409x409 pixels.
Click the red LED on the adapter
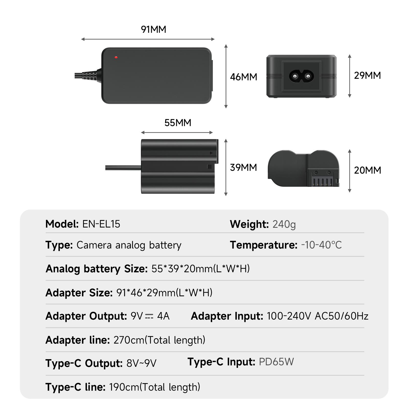[x=116, y=57]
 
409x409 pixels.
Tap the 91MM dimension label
[x=153, y=29]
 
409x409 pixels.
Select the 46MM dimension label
[x=243, y=77]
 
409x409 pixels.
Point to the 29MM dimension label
[x=367, y=75]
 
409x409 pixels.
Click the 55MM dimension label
[x=178, y=123]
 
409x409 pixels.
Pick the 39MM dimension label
[x=243, y=167]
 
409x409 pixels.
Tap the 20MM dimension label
[x=367, y=170]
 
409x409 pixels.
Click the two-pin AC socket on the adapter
[x=301, y=76]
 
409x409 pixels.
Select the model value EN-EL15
[x=101, y=224]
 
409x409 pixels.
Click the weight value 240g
[x=284, y=224]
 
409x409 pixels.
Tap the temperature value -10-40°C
[x=321, y=245]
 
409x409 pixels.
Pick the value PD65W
[x=276, y=362]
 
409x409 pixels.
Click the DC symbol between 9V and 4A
[x=149, y=316]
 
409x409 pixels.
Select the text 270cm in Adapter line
[x=129, y=340]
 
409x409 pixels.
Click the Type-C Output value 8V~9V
[x=141, y=363]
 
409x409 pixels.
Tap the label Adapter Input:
[x=227, y=316]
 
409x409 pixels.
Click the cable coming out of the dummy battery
[x=123, y=168]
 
